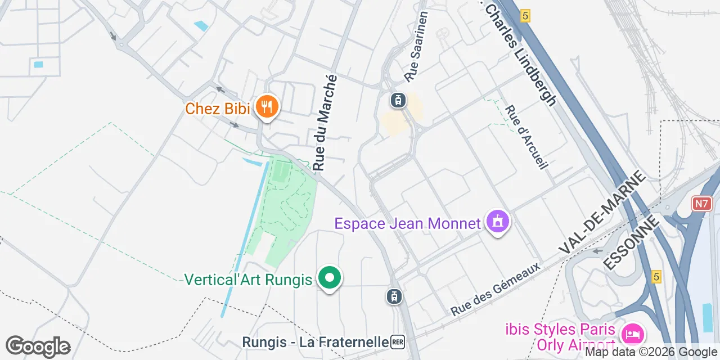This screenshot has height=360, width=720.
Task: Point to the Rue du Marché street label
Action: (325, 123)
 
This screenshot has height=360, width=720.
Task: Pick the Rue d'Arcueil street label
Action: (526, 138)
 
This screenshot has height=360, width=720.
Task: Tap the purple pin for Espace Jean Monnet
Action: (498, 222)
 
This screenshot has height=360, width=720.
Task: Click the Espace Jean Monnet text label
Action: (408, 223)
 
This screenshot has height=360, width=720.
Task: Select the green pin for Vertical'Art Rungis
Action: (330, 278)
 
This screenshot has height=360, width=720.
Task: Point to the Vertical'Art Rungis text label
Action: (248, 280)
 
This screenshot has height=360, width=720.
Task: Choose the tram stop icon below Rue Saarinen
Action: (398, 101)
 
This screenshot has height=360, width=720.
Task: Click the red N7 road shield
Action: (701, 204)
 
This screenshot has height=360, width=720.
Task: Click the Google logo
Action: (38, 346)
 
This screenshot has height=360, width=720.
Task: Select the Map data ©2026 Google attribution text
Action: (651, 353)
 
